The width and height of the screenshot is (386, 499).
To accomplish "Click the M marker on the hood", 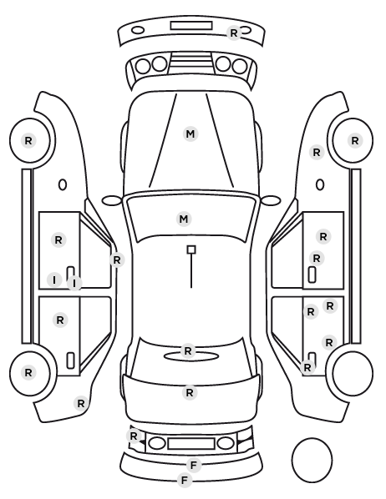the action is click(190, 134).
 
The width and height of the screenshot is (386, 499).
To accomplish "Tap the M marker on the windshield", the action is click(184, 219).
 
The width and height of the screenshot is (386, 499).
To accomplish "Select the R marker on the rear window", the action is click(188, 350).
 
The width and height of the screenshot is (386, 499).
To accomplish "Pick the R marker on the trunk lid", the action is click(190, 392).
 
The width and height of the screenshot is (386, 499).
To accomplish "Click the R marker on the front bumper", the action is click(234, 33).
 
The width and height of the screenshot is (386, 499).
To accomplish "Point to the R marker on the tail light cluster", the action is click(134, 436).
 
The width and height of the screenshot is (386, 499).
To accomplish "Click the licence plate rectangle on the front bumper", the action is click(191, 26).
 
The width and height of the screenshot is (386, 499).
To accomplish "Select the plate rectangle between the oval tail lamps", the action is click(191, 443).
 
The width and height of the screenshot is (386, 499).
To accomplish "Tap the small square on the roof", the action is click(191, 249).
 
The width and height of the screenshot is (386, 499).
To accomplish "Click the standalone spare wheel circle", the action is click(312, 460).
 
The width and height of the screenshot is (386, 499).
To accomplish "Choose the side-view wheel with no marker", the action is click(353, 373).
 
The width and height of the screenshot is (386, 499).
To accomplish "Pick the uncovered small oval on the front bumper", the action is click(138, 31).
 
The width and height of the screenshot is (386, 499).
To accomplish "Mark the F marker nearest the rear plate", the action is click(194, 466).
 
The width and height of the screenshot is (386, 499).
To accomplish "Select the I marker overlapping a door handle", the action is click(74, 283).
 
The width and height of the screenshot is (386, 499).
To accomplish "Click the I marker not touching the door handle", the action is click(54, 280).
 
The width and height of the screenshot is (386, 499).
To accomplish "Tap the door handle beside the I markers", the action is click(70, 273).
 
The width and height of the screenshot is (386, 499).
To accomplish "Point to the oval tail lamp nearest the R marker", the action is click(157, 443).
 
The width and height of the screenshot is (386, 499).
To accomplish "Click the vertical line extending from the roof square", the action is click(191, 271).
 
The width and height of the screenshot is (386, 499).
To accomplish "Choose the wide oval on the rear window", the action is click(191, 356).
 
